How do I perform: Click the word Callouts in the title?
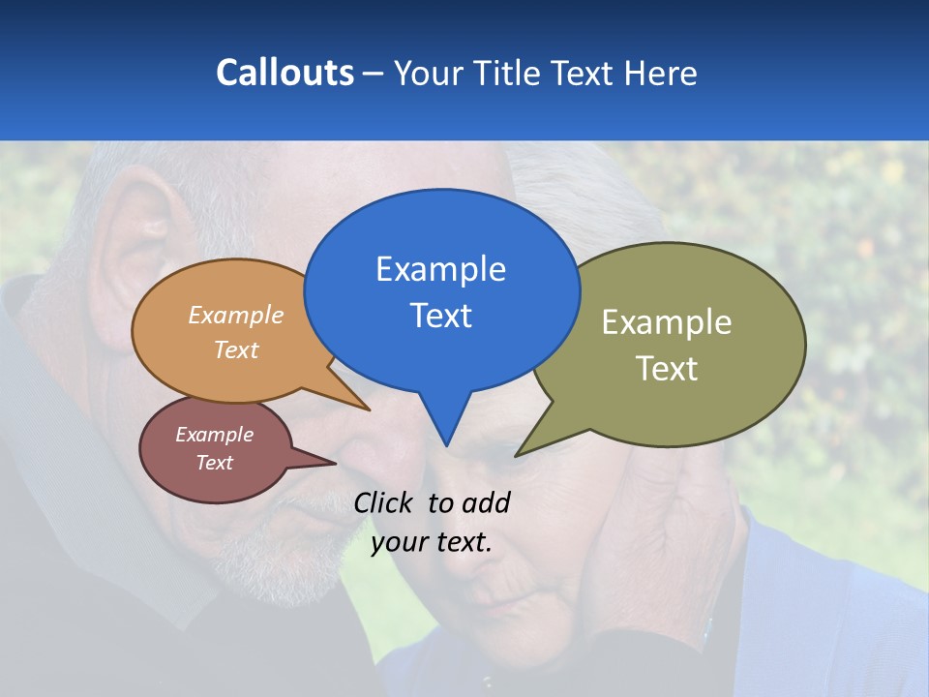[285, 73]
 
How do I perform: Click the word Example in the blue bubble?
[440, 269]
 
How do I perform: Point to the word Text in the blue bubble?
[440, 316]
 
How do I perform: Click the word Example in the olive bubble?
[667, 322]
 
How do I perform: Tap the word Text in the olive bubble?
[667, 369]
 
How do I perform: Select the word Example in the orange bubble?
[236, 315]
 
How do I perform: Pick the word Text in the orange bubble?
[236, 349]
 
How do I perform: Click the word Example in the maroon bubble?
[215, 435]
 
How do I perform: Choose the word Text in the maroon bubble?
[215, 463]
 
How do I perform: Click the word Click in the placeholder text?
[385, 502]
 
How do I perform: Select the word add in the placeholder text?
[486, 502]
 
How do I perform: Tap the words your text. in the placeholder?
[432, 542]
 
